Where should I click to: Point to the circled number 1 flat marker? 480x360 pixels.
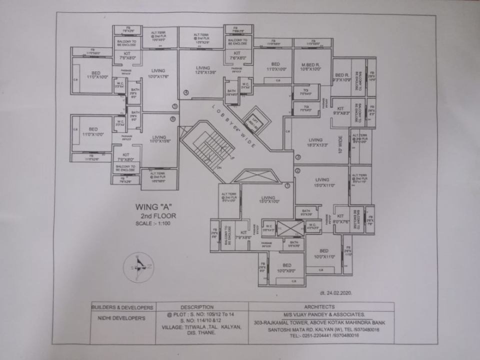click(x=287, y=185)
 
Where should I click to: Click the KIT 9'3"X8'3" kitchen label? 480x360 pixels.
click(x=341, y=111)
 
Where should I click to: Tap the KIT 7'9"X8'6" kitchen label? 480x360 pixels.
click(x=244, y=235)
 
